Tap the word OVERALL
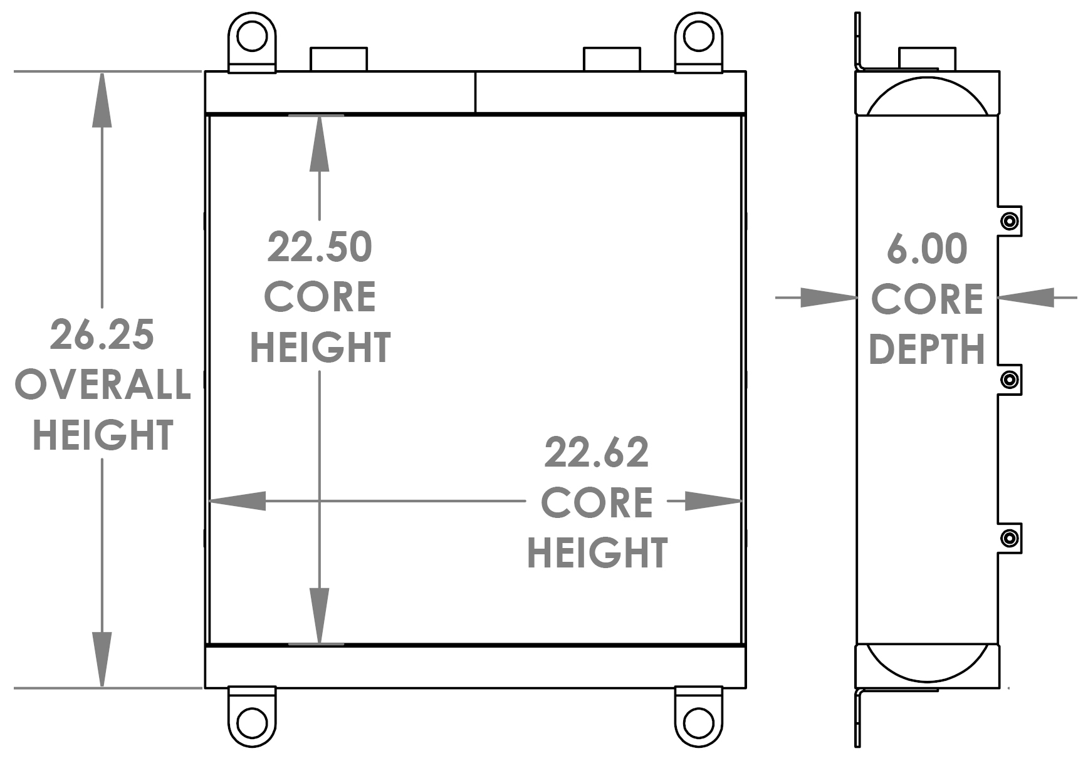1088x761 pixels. [103, 385]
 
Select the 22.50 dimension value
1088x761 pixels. [320, 247]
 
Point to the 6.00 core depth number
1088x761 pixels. [927, 249]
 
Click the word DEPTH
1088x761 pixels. [927, 349]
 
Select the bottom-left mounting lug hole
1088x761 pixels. [251, 722]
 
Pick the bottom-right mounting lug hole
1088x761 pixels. [698, 722]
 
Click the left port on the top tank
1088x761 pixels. [338, 59]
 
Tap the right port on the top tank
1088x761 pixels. [612, 59]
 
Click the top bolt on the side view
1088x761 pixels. [1009, 221]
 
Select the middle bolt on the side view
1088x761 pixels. [1009, 380]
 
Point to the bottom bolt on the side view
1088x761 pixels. [1009, 538]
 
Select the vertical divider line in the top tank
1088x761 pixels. [475, 93]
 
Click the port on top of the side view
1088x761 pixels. [927, 58]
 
